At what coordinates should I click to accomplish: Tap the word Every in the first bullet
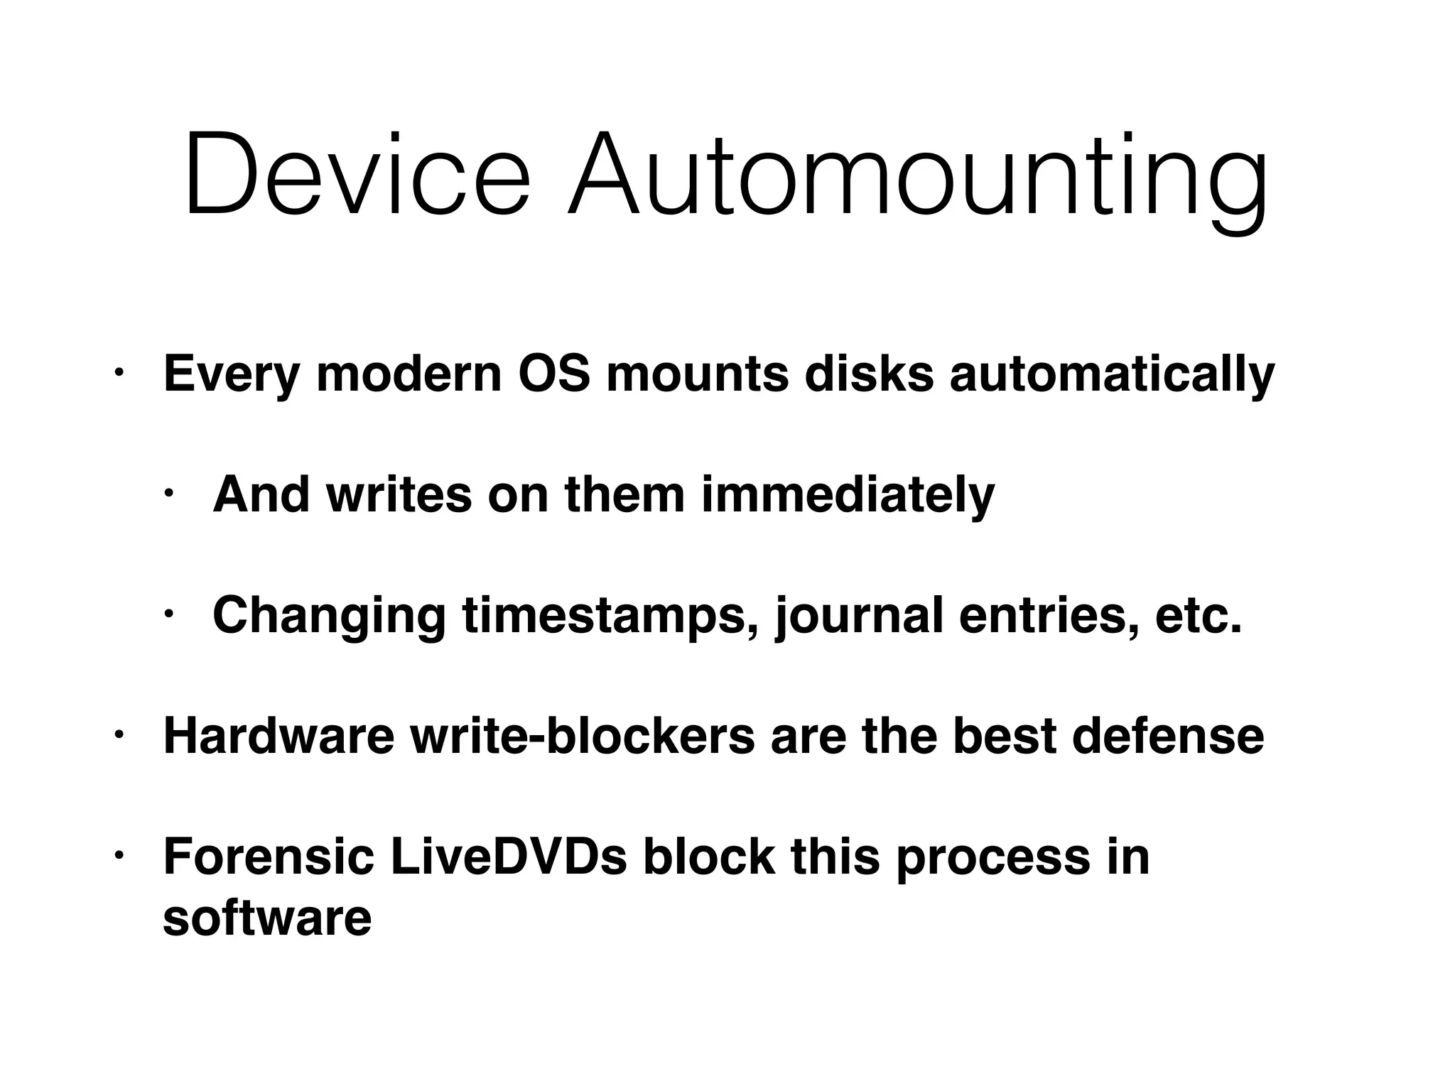click(232, 376)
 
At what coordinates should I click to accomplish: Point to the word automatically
click(1112, 376)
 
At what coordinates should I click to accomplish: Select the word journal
click(859, 617)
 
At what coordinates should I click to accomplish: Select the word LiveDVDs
click(509, 857)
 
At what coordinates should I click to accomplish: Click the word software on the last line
click(267, 917)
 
